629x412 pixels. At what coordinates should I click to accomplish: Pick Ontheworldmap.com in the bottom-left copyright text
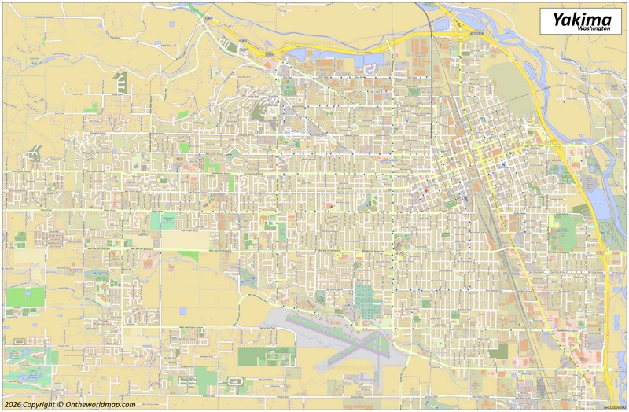click(x=101, y=404)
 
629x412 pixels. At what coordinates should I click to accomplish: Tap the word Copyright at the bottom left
click(x=39, y=404)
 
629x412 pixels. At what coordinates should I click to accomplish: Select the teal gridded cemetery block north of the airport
click(x=365, y=300)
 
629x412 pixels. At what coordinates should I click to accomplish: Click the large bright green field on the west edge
click(x=25, y=296)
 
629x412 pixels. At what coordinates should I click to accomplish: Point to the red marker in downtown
click(x=425, y=191)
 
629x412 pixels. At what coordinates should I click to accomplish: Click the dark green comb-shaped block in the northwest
click(x=121, y=79)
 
